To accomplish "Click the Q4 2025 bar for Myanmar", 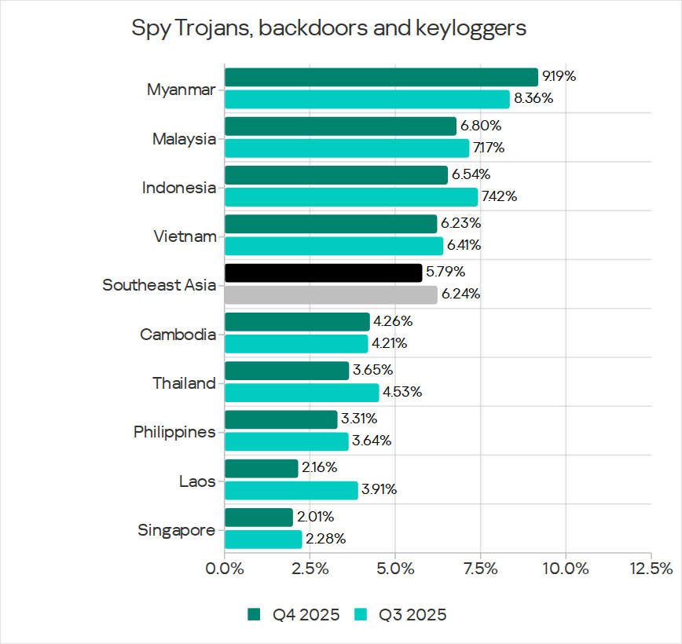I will (x=381, y=77).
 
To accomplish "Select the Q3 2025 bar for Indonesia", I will (x=351, y=196).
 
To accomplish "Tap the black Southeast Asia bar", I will (x=323, y=273).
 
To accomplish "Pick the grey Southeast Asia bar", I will (x=331, y=295).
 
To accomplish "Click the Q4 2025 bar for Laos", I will (x=262, y=468).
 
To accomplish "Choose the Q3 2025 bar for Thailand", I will (x=302, y=392).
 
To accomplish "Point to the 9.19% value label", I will (x=559, y=77).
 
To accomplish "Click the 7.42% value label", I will (x=499, y=196).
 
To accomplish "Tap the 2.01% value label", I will (x=315, y=517).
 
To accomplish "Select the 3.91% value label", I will (x=379, y=490).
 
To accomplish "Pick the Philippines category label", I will (x=174, y=432).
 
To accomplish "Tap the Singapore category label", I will (x=177, y=530).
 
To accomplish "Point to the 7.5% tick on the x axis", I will (x=480, y=568).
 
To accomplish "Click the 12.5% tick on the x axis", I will (x=651, y=568).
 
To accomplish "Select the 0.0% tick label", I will (x=225, y=568).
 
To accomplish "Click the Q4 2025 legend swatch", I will (x=254, y=614).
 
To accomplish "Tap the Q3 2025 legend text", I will (x=412, y=614).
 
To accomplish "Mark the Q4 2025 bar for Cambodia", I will (x=297, y=322).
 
